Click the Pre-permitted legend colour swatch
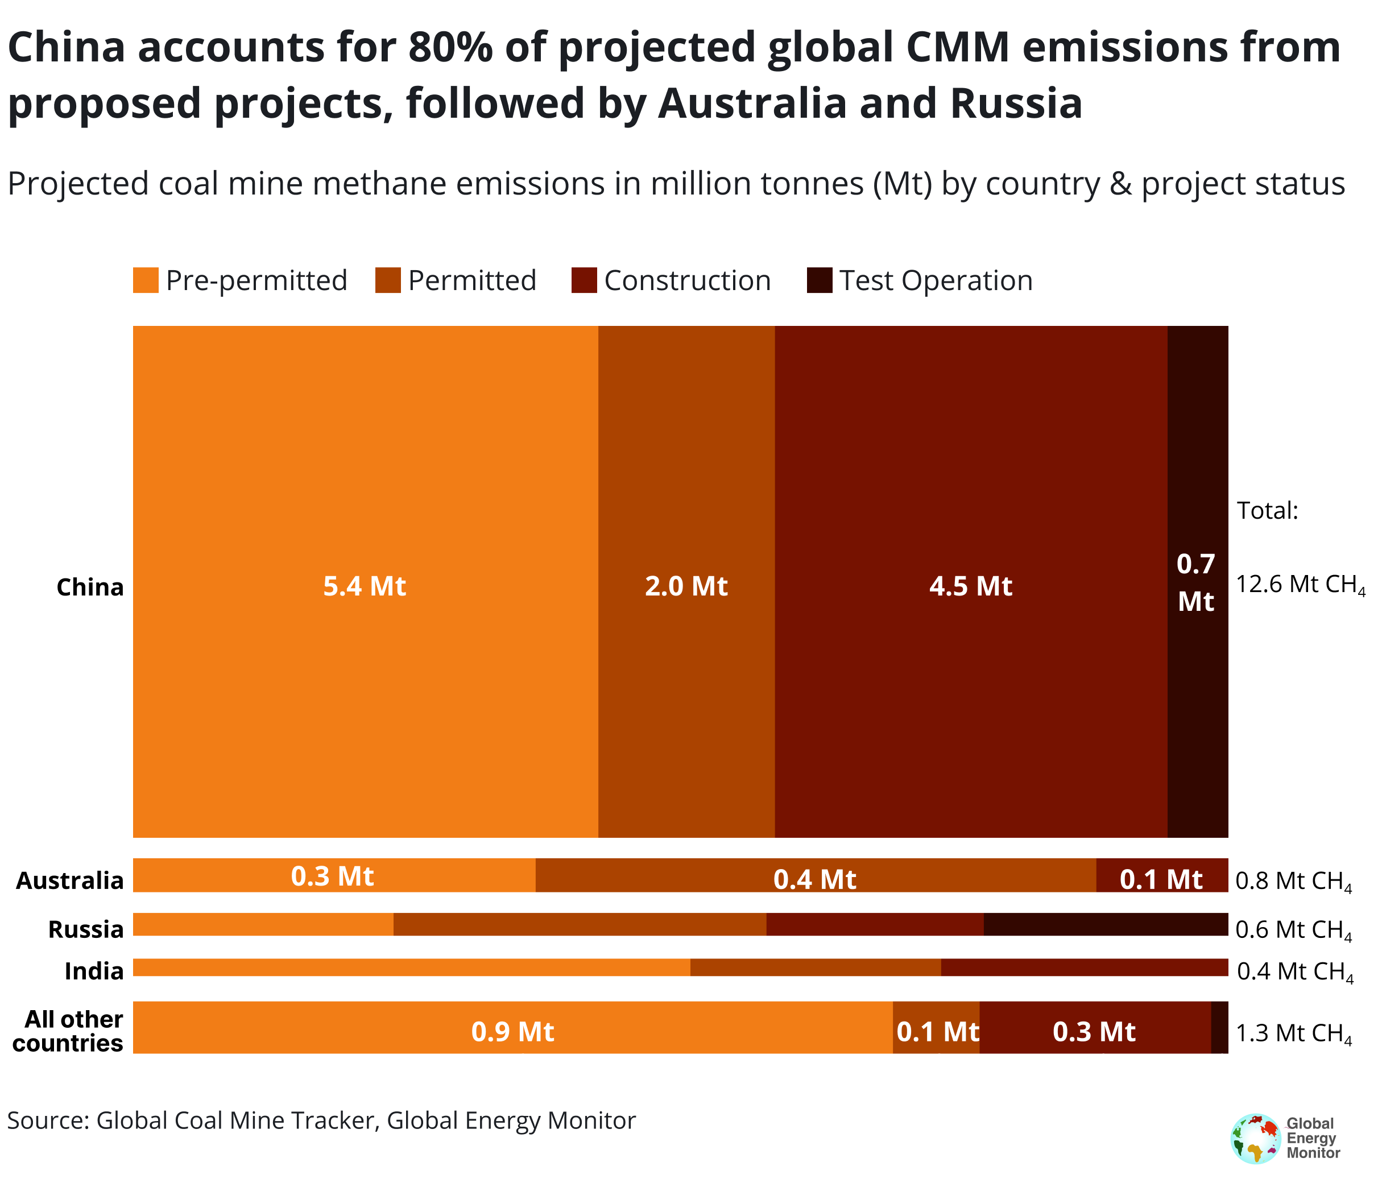point(146,280)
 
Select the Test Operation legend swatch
point(819,280)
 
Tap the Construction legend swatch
point(584,280)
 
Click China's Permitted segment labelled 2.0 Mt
point(686,586)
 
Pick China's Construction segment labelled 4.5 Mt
point(970,586)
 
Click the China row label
point(90,587)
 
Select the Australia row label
point(70,880)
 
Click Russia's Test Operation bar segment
point(1105,924)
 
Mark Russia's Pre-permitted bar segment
point(263,924)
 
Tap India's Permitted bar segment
point(815,967)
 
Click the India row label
point(94,971)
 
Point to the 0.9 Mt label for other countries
point(512,1032)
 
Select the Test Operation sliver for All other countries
point(1219,1028)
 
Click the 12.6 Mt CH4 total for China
point(1300,585)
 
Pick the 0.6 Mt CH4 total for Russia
point(1293,929)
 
